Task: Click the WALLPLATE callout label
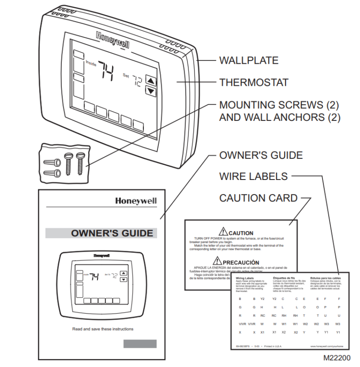(248, 60)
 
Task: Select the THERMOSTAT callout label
(254, 82)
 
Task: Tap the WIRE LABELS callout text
(253, 176)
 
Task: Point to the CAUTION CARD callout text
(258, 198)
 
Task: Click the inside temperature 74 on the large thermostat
(105, 71)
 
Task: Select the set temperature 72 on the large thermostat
(135, 80)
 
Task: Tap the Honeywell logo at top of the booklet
(136, 202)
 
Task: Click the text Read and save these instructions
(103, 329)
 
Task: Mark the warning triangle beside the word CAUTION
(223, 232)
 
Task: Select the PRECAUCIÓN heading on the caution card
(241, 262)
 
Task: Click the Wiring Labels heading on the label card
(244, 277)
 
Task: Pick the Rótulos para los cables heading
(325, 277)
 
